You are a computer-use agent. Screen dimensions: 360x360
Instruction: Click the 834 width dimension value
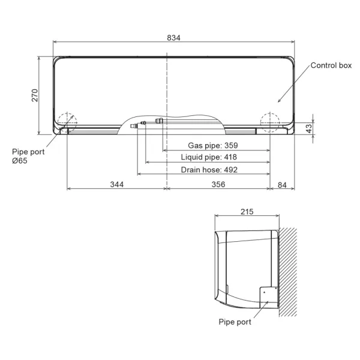(173, 38)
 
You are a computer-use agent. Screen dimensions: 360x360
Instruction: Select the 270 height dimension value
(35, 95)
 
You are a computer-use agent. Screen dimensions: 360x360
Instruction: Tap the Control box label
(331, 65)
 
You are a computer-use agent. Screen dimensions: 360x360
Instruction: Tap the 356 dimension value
(218, 184)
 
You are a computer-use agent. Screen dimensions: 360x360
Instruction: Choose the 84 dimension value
(282, 184)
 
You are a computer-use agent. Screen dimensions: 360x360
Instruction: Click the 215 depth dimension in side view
(247, 212)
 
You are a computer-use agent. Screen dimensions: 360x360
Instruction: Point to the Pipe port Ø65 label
(28, 156)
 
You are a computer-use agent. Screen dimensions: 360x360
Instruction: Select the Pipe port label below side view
(235, 322)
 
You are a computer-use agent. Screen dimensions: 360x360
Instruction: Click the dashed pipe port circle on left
(67, 120)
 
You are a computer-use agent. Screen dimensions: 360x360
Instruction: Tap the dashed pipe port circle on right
(269, 120)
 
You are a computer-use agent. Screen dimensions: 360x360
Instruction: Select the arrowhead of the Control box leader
(277, 101)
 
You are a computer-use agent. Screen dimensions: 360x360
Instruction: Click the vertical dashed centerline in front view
(167, 90)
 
